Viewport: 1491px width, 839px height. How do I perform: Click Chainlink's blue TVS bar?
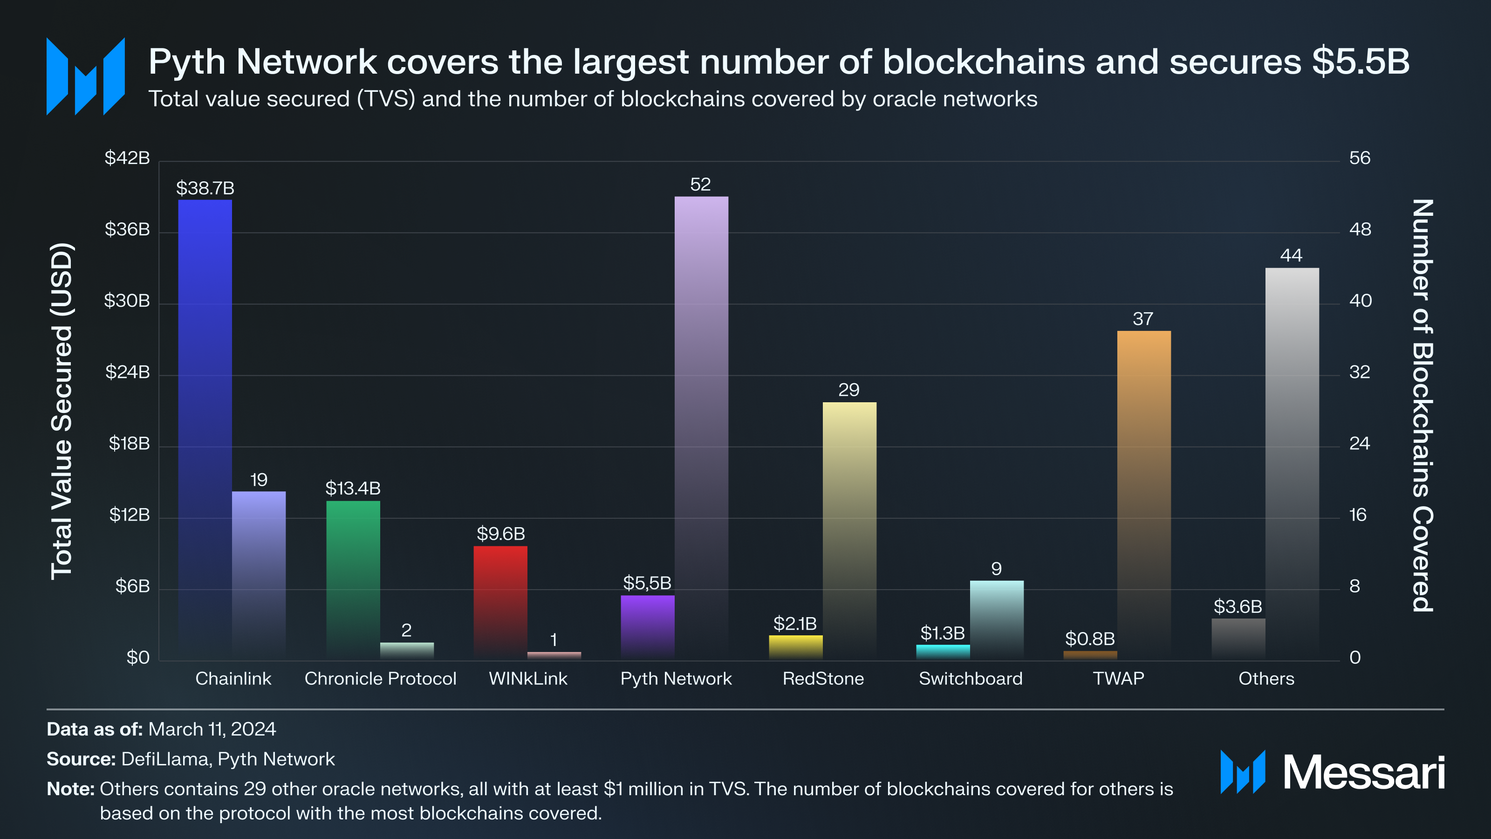[x=205, y=428]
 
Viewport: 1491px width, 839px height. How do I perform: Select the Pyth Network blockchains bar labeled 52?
[x=701, y=428]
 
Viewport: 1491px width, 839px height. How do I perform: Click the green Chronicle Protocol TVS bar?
[x=353, y=579]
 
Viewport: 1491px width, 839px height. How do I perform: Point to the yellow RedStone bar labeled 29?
[x=849, y=530]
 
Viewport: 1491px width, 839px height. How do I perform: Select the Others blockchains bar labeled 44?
[x=1292, y=463]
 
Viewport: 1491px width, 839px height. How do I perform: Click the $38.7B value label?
[x=205, y=188]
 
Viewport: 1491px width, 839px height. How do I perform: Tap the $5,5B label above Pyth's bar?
[x=647, y=583]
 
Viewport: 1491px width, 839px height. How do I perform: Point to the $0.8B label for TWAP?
[x=1090, y=639]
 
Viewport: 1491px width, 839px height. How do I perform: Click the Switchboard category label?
[x=971, y=679]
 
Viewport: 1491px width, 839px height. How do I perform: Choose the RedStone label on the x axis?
[x=823, y=679]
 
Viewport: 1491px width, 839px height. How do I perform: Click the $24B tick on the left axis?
[x=127, y=372]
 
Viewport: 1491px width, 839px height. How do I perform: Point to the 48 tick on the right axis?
[x=1360, y=229]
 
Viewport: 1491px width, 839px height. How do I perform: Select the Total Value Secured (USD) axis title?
[x=62, y=411]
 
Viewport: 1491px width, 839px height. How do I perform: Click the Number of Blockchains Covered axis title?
[x=1423, y=406]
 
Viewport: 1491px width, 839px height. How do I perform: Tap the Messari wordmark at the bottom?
[x=1364, y=773]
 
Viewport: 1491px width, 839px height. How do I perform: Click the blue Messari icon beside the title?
[x=86, y=76]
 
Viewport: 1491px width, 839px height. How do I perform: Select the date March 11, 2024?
[x=212, y=729]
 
